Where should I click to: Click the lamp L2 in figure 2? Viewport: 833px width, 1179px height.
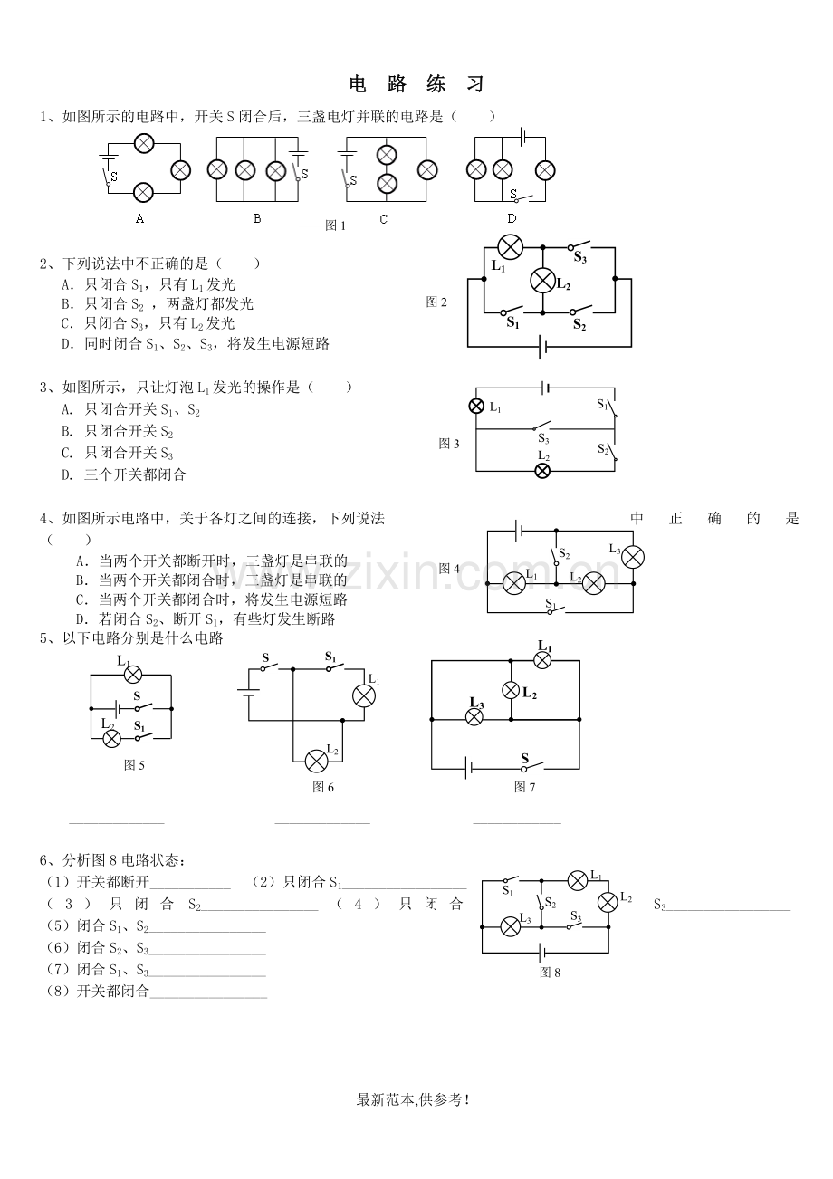[542, 280]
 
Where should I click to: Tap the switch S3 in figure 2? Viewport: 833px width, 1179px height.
[579, 244]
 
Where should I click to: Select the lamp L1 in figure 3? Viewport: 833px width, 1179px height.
[476, 406]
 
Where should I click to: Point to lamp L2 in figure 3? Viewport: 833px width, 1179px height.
[542, 471]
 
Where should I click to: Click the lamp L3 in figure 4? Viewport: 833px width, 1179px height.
[633, 557]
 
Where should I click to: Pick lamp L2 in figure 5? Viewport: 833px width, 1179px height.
[111, 738]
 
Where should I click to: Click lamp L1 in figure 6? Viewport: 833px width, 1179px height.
[364, 695]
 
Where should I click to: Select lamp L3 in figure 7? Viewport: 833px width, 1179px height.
[474, 717]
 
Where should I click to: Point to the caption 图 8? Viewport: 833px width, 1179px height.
[550, 973]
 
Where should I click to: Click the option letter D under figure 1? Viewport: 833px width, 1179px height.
[512, 218]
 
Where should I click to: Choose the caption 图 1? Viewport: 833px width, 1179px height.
[335, 225]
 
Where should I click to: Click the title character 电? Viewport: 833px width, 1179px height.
[358, 84]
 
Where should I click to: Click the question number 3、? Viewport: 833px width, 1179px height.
[51, 388]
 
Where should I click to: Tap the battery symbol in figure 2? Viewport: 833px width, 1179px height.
[542, 346]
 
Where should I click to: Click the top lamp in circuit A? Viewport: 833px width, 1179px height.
[144, 143]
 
